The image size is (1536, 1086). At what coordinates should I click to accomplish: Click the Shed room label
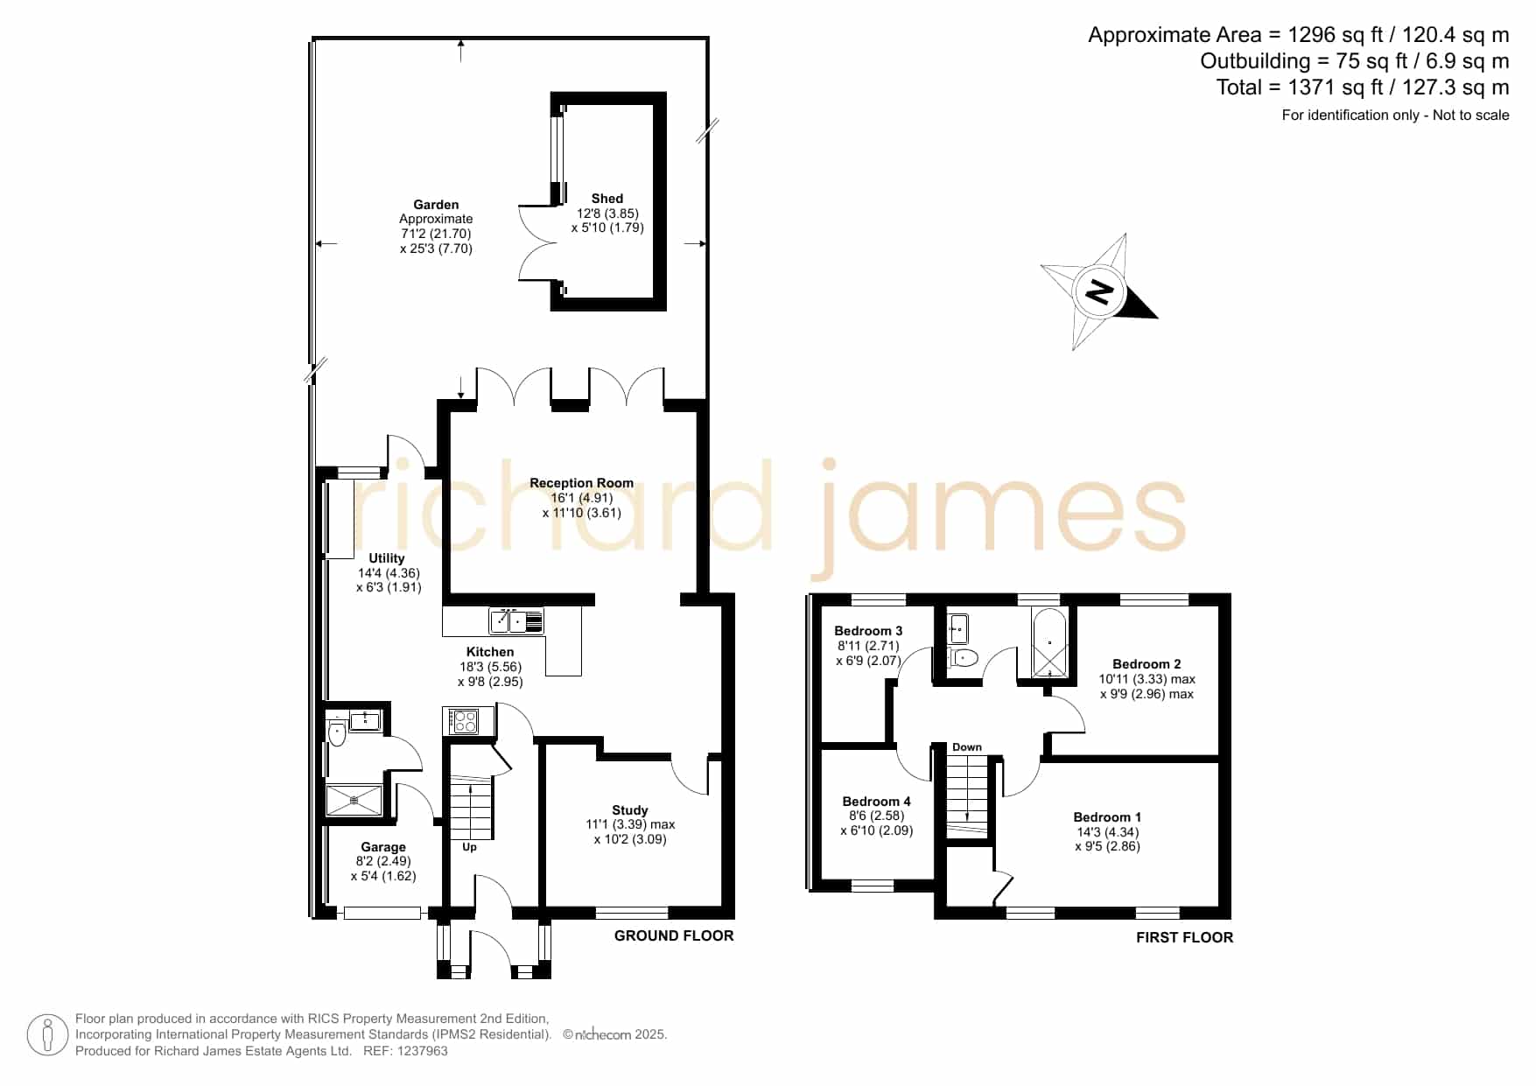pos(607,199)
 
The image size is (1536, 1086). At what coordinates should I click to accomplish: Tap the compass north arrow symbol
pos(1099,291)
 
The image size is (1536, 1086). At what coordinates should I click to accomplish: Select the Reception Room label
pos(581,483)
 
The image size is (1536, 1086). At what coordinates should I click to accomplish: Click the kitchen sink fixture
pos(516,620)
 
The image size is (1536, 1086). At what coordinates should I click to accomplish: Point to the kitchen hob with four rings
pos(464,722)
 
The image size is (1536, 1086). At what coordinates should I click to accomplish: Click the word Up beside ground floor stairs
pos(469,847)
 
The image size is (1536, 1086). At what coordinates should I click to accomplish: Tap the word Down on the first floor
pos(967,747)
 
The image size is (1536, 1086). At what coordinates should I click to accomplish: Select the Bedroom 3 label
pos(868,631)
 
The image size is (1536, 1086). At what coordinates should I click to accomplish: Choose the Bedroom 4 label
pos(876,802)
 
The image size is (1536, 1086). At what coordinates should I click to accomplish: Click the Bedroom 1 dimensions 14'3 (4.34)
pos(1107,832)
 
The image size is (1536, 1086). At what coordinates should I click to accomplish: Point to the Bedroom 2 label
pos(1147,664)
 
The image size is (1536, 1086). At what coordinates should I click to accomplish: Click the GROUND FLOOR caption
pos(674,935)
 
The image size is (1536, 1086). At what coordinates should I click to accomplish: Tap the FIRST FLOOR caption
pos(1184,937)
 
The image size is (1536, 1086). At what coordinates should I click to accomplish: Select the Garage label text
pos(383,847)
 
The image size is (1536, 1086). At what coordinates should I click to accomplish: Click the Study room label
pos(630,810)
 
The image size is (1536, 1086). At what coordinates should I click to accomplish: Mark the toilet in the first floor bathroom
pos(963,657)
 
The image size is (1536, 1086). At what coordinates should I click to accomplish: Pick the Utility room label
pos(387,558)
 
